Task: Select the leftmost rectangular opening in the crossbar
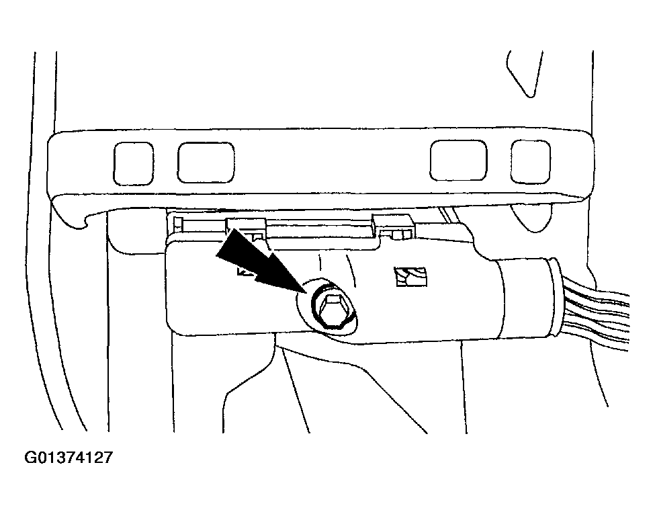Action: point(133,163)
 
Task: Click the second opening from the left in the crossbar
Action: point(206,163)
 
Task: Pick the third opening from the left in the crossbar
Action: point(459,161)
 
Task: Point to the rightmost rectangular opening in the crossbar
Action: point(531,162)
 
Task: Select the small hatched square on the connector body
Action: point(411,277)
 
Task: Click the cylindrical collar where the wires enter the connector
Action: point(529,297)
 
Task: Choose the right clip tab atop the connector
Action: point(394,227)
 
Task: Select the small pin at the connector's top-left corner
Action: point(179,224)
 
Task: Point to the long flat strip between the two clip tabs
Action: point(320,230)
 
